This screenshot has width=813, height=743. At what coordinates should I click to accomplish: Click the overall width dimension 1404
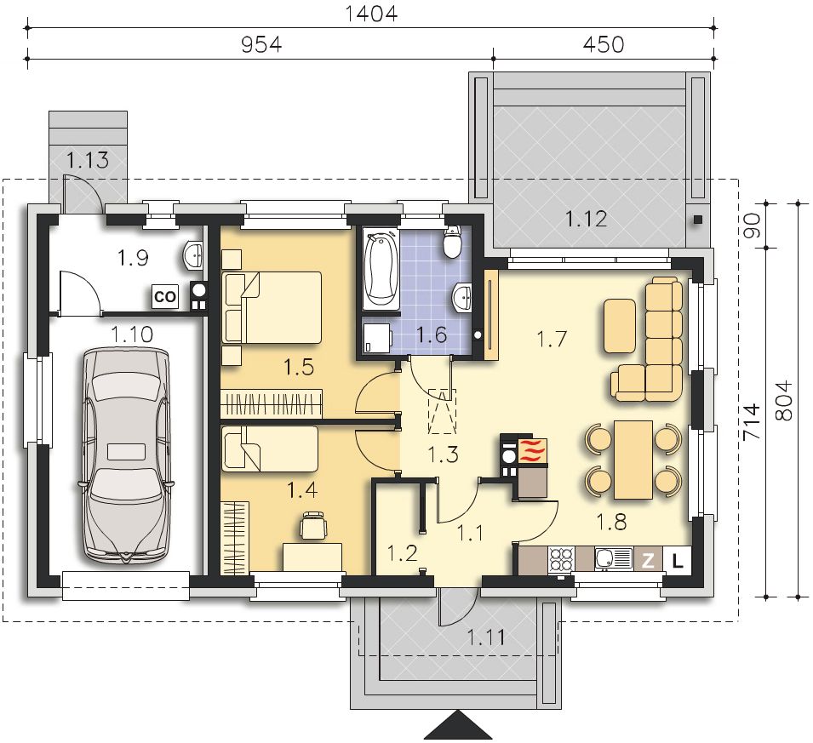[371, 13]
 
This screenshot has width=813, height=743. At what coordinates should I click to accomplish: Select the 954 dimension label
[262, 44]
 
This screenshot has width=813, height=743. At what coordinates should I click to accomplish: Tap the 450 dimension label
[604, 44]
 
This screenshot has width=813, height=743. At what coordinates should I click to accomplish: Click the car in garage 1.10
[127, 456]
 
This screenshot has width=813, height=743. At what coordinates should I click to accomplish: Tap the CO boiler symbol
[165, 297]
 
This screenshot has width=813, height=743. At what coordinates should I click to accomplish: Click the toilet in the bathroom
[453, 241]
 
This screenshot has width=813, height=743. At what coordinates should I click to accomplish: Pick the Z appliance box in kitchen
[648, 560]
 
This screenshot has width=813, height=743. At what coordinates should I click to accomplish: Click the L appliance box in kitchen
[678, 560]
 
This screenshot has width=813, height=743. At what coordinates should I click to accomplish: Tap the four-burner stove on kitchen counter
[562, 560]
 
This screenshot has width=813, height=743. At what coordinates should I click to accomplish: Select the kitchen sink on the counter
[614, 560]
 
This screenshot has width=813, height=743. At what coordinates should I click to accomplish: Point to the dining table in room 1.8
[633, 460]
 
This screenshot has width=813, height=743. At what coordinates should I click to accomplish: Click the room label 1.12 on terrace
[586, 220]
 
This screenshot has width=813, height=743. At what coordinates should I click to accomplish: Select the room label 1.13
[88, 160]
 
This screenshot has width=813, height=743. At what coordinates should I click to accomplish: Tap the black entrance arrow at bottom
[458, 724]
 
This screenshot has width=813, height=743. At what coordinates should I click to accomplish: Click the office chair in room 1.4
[313, 525]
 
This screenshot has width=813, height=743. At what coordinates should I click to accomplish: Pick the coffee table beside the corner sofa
[620, 326]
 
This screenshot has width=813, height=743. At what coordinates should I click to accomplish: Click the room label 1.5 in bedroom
[299, 368]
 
